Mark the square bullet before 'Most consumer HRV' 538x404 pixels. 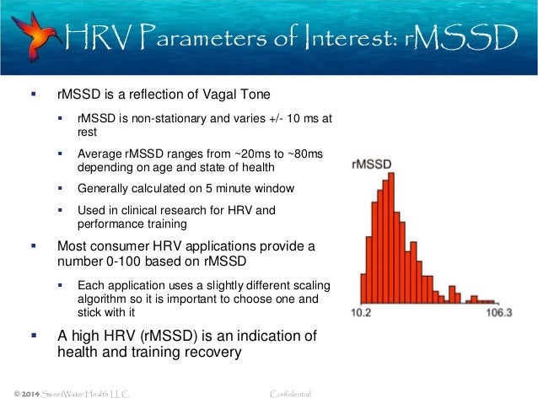pos(34,246)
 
